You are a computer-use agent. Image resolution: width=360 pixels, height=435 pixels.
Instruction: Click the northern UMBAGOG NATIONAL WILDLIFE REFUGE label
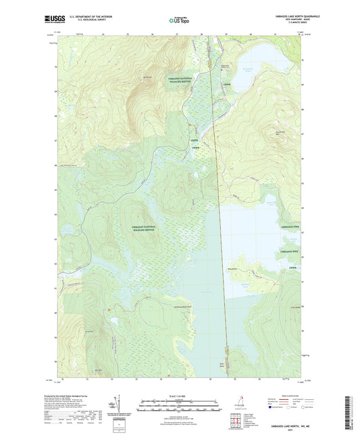[x=179, y=80]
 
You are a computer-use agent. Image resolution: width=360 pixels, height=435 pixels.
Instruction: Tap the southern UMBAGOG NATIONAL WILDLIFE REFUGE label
[x=139, y=228]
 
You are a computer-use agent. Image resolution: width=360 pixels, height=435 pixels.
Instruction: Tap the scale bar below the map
[x=180, y=406]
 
